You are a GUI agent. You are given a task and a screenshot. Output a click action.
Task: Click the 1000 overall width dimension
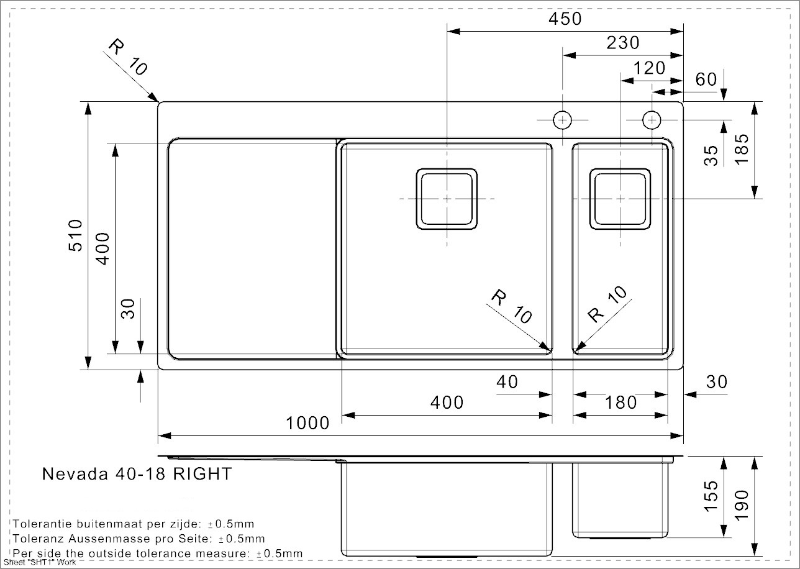[x=307, y=423]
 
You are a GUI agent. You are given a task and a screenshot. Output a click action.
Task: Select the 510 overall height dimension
[x=76, y=236]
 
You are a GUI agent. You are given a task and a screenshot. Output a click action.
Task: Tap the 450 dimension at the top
[x=565, y=19]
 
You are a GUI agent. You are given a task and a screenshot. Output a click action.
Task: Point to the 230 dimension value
[x=623, y=43]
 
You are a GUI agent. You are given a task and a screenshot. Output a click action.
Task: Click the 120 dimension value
[x=649, y=68]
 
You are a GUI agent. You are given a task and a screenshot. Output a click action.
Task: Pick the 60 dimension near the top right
[x=706, y=80]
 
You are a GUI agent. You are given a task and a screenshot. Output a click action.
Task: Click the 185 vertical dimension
[x=742, y=149]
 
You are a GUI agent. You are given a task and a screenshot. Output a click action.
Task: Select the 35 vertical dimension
[x=711, y=156]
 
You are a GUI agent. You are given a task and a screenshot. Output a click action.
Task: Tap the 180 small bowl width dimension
[x=620, y=403]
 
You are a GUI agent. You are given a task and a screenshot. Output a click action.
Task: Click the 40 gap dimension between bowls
[x=507, y=382]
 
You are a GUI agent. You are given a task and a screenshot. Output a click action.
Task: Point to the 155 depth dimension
[x=711, y=496]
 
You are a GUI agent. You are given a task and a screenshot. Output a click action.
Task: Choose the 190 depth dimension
[x=742, y=505]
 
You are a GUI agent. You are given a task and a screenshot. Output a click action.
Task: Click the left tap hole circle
[x=563, y=120]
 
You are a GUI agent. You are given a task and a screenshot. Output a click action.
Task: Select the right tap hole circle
[x=652, y=120]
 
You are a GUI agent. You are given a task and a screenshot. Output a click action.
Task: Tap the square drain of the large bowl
[x=447, y=199]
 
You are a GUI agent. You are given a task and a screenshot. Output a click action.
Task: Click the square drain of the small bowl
[x=620, y=199]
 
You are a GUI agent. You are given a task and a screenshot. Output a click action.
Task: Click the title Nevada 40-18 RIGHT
[x=137, y=474]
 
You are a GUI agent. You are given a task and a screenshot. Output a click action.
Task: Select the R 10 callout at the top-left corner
[x=127, y=57]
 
